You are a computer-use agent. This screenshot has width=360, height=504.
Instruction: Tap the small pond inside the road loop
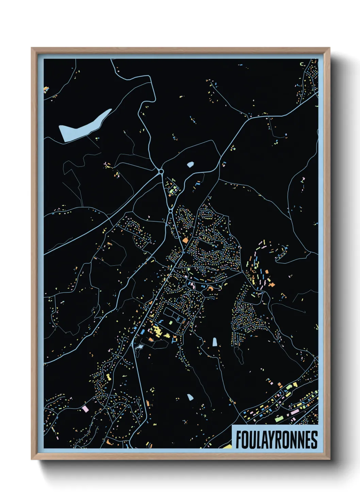[x=190, y=165]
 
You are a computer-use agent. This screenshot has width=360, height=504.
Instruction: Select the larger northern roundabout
[x=161, y=172]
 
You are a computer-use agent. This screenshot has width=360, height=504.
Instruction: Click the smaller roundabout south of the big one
[x=170, y=211]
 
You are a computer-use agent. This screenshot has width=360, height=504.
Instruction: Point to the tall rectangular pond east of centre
[x=215, y=342]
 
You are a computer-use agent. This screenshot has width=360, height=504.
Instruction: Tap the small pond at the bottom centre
[x=190, y=397]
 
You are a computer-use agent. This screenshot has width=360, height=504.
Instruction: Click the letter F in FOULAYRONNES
[x=239, y=440]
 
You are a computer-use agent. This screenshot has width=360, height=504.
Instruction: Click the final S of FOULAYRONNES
[x=314, y=440]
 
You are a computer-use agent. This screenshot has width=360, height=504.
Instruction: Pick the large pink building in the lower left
[x=85, y=408]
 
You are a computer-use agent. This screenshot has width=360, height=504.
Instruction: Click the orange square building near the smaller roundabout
[x=185, y=240]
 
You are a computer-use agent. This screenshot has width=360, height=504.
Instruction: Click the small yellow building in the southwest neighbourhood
[x=108, y=377]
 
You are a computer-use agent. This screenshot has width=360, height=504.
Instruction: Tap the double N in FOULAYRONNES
[x=295, y=440]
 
